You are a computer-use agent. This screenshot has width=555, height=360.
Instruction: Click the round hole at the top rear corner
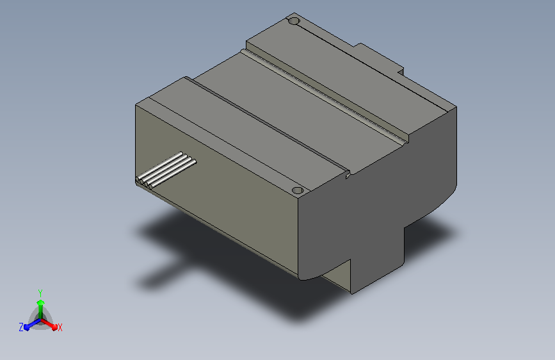click(x=294, y=21)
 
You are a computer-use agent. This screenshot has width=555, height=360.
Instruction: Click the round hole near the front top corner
click(x=298, y=190)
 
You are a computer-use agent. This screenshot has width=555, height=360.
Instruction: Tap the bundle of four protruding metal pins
click(x=166, y=170)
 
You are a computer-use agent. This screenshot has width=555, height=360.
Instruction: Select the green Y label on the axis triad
click(x=40, y=293)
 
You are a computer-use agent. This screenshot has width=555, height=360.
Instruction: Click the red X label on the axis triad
click(x=60, y=328)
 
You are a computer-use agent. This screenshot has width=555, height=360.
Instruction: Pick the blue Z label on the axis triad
click(x=21, y=327)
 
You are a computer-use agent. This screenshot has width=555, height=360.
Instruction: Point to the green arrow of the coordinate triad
click(x=41, y=309)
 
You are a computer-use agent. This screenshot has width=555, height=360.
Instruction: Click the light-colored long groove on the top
click(x=324, y=95)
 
